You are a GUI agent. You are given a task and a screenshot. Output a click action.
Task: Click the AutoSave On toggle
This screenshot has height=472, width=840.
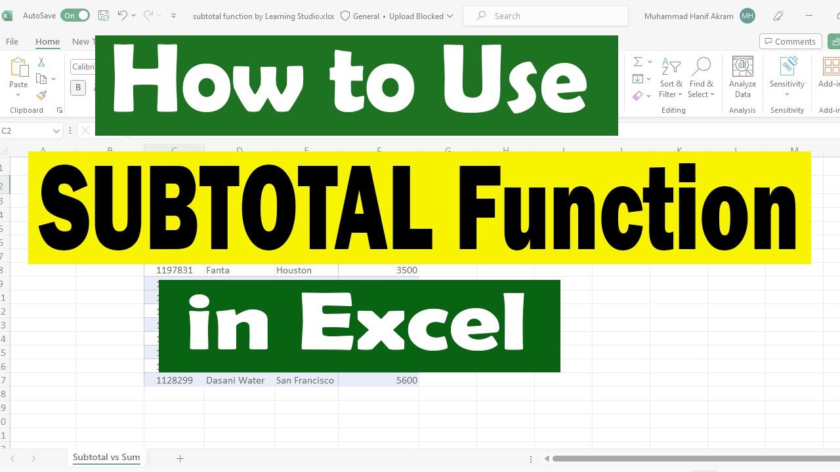(75, 16)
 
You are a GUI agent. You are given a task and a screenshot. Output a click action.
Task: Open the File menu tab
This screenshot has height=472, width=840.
(12, 41)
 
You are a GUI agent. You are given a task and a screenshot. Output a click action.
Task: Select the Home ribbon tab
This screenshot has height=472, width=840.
(47, 41)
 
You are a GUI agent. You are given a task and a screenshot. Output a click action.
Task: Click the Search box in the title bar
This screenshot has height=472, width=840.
(545, 16)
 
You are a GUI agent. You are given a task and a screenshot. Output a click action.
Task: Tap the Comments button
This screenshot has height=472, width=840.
(790, 41)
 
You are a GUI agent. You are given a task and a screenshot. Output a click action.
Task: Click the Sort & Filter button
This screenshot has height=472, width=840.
(671, 77)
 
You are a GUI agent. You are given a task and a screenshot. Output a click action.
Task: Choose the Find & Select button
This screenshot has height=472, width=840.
(701, 77)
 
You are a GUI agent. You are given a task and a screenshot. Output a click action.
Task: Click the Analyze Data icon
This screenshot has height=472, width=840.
(742, 77)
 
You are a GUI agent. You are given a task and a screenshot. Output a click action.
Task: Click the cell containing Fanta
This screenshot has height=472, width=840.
(239, 270)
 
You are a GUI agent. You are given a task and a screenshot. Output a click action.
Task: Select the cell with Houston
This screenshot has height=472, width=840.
(306, 270)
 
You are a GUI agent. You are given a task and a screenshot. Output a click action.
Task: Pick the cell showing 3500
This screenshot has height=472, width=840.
(379, 270)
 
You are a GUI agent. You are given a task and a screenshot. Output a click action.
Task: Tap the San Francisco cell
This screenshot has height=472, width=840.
(306, 380)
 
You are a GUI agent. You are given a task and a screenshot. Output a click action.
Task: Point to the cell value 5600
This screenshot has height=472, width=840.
(379, 380)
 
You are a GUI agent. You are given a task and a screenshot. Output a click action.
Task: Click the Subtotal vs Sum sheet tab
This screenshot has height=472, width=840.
(106, 458)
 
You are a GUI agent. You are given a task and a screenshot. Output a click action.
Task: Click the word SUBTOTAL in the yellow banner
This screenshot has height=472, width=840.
(236, 208)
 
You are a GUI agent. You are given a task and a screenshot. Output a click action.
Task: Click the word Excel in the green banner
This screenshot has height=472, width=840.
(413, 326)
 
